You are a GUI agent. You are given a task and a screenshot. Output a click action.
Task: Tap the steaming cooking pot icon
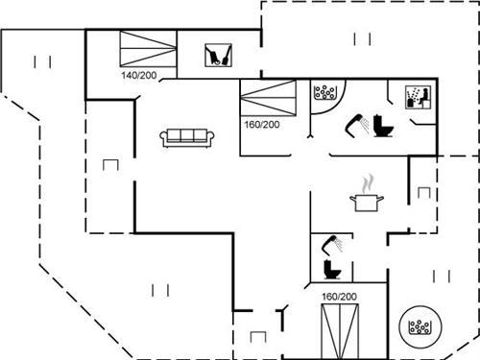tap(368, 195)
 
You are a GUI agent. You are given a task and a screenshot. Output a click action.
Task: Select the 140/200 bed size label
tap(139, 75)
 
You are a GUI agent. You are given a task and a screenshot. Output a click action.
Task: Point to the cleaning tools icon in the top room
tap(219, 55)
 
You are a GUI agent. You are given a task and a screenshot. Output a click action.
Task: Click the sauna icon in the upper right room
tap(416, 98)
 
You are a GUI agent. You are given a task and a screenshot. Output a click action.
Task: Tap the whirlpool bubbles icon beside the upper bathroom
tap(325, 93)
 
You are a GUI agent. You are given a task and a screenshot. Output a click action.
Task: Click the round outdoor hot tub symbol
tap(420, 327)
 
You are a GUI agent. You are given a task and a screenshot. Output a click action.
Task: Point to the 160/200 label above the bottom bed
tap(339, 297)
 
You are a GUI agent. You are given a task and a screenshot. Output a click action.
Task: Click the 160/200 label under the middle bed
tap(262, 125)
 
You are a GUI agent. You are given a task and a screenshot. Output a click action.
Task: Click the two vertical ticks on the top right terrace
tap(361, 38)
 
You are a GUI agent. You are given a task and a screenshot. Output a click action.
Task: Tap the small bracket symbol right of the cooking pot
tap(423, 191)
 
